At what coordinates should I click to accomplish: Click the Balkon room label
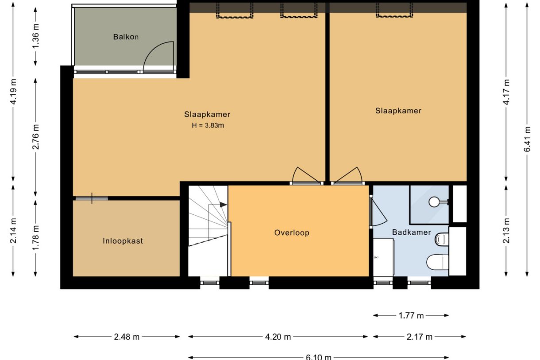(x=126, y=37)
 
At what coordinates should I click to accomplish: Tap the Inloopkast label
(x=123, y=241)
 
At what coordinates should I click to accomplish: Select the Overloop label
(x=292, y=232)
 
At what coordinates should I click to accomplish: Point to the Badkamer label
(x=412, y=232)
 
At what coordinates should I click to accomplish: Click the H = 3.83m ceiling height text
(x=208, y=125)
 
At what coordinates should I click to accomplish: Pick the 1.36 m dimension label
(x=35, y=36)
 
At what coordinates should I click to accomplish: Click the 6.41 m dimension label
(x=527, y=139)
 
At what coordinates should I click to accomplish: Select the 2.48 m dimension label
(x=127, y=337)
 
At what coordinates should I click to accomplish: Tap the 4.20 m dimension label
(x=278, y=337)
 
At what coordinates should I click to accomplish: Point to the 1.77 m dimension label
(x=411, y=316)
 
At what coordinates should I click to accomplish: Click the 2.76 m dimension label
(x=35, y=137)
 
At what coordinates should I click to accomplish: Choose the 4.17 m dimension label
(x=506, y=92)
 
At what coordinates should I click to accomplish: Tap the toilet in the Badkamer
(x=437, y=262)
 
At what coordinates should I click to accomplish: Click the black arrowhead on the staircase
(x=224, y=205)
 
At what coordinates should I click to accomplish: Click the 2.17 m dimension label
(x=420, y=337)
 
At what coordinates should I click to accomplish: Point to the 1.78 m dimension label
(x=35, y=238)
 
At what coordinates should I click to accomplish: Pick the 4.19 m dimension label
(x=13, y=92)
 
